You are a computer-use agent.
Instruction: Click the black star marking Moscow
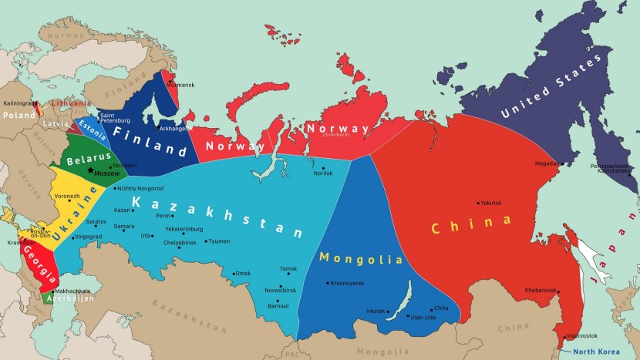tap(90, 170)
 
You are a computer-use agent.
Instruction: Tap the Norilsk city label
tap(322, 173)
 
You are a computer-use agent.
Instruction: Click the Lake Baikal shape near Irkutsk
tap(401, 315)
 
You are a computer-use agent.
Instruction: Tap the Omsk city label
tap(243, 274)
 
